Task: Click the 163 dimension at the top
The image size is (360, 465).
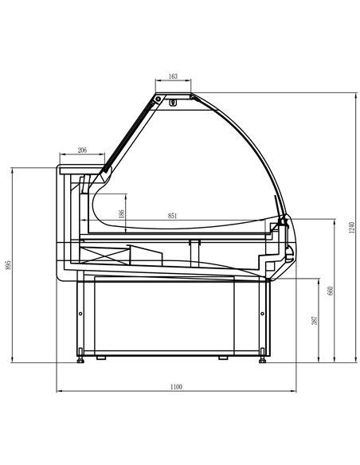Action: pyautogui.click(x=173, y=77)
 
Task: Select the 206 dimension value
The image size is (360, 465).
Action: pyautogui.click(x=83, y=150)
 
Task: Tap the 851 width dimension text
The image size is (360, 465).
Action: pyautogui.click(x=173, y=215)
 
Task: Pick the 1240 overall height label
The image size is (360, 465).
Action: pyautogui.click(x=350, y=229)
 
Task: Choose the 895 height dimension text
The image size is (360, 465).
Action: pyautogui.click(x=9, y=269)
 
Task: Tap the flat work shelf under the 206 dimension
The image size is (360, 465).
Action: pyautogui.click(x=82, y=169)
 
